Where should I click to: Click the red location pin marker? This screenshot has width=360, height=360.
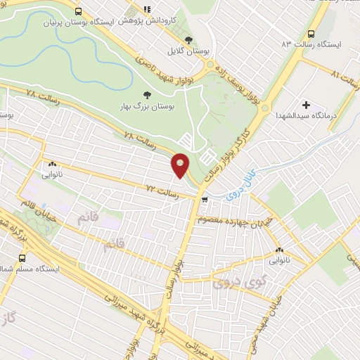click(180, 165)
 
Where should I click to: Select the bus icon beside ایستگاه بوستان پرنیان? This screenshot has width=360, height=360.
click(77, 11)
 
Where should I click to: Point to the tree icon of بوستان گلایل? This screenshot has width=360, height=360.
click(188, 40)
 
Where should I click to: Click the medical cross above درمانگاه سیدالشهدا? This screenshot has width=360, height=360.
click(304, 104)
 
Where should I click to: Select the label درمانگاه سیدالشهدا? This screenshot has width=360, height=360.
click(304, 115)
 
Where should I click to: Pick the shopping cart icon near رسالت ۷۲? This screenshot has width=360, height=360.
click(205, 200)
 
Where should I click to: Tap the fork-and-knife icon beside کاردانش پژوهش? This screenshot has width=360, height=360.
click(147, 9)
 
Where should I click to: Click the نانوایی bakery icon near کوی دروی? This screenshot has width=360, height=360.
click(280, 250)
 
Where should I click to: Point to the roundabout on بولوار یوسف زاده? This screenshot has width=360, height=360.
click(210, 66)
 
